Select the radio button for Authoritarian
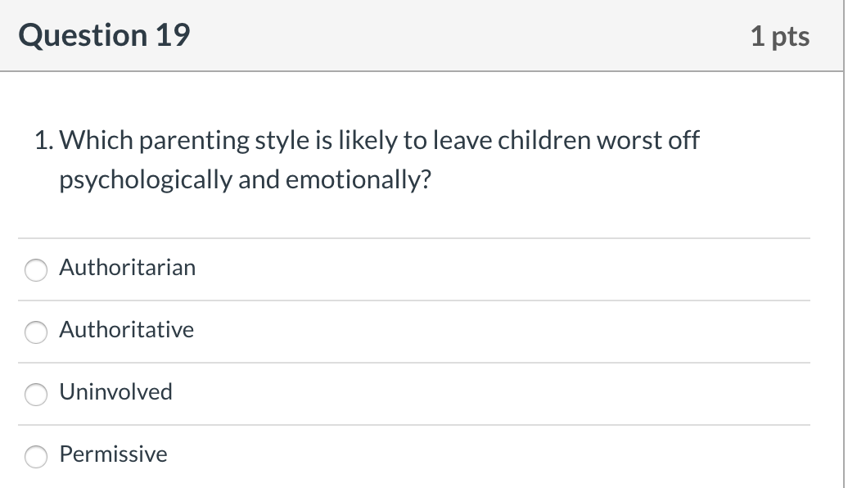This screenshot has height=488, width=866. tap(36, 269)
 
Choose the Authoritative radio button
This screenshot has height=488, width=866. tap(36, 332)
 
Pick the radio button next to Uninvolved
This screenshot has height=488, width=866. tap(36, 394)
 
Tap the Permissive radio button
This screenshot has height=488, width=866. tap(36, 457)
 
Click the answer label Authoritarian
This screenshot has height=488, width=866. tap(128, 268)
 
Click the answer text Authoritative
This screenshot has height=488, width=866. tap(127, 329)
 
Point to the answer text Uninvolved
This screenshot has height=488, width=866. tap(116, 392)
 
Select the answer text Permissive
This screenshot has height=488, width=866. tap(113, 454)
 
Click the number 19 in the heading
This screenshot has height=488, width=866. tap(173, 35)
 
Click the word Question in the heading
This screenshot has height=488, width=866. tap(83, 36)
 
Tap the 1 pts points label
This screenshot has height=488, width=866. tap(780, 37)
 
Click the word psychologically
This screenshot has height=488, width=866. tap(146, 180)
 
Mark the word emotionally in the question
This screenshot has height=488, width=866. tap(359, 180)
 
